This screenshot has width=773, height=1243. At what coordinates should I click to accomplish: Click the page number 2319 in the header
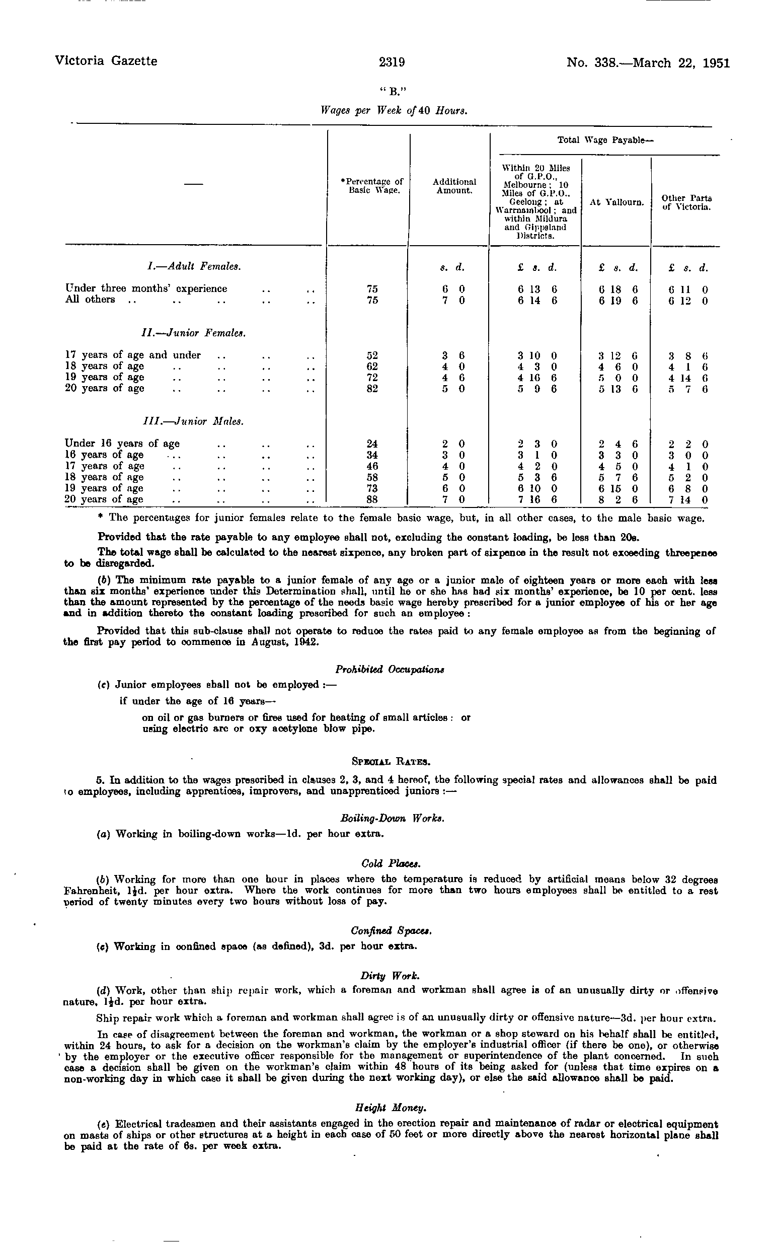point(392,62)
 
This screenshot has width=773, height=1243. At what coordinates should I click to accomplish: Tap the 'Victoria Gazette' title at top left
point(106,61)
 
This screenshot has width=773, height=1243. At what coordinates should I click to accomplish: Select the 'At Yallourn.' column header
point(616,202)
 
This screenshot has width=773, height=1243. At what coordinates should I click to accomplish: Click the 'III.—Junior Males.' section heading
point(193,422)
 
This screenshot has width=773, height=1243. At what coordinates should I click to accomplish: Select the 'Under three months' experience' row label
point(146,288)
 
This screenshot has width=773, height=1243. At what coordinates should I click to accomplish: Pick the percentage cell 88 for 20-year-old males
point(372,499)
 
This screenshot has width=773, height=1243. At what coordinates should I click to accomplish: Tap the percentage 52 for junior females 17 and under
point(372,355)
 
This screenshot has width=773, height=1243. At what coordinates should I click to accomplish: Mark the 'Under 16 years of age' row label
point(122,444)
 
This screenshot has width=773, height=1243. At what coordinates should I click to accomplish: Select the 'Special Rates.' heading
point(392,761)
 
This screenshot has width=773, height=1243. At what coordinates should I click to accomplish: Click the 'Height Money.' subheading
point(391,1108)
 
